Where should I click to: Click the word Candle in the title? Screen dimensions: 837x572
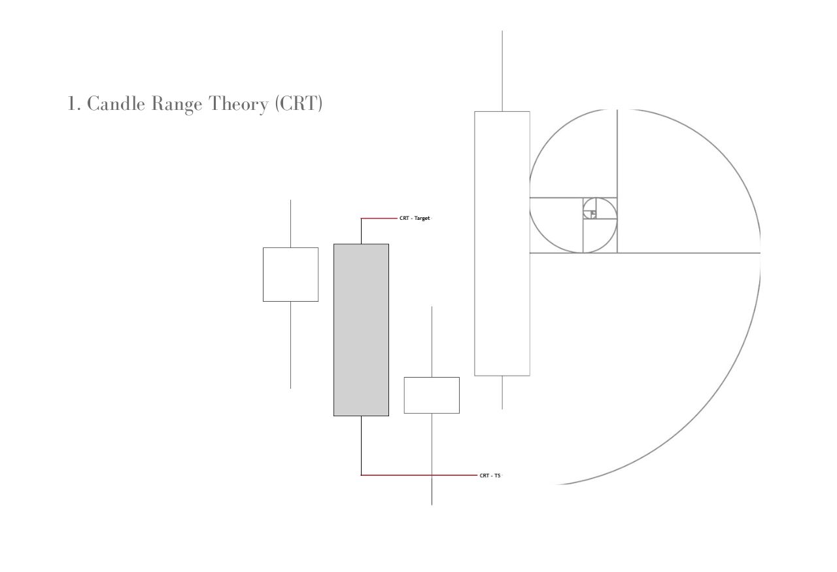116,103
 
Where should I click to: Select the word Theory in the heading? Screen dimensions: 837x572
239,104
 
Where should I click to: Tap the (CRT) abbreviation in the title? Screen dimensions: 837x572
299,103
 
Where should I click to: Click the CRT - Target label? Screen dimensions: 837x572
415,219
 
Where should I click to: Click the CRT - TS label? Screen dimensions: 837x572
490,476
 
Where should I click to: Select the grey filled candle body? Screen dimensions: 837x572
362,330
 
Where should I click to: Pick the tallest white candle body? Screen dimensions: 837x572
502,243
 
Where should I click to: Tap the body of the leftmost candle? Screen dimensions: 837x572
291,274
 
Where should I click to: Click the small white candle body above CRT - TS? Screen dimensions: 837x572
432,395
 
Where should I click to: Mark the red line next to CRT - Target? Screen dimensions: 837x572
379,218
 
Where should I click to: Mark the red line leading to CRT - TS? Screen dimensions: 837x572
419,475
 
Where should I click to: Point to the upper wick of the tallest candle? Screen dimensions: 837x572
502,71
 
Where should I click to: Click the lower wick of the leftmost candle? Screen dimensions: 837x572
291,345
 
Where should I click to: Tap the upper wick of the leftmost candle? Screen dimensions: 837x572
291,224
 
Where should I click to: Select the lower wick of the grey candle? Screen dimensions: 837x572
362,445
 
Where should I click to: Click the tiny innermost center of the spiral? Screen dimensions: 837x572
593,213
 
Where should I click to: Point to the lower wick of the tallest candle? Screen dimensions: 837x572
502,393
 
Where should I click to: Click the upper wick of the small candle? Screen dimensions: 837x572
432,342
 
